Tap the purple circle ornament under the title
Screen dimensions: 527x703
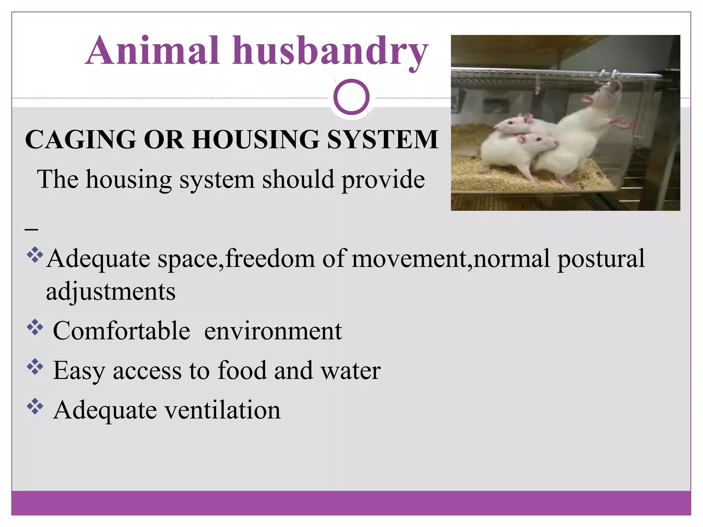click(351, 97)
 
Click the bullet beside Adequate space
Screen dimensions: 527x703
click(35, 255)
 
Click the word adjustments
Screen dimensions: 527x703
click(111, 292)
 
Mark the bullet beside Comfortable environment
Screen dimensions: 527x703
click(35, 327)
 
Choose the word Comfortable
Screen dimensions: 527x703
click(122, 331)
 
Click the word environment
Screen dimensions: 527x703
click(273, 331)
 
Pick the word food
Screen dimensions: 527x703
click(242, 371)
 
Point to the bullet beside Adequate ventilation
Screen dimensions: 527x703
click(35, 407)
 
